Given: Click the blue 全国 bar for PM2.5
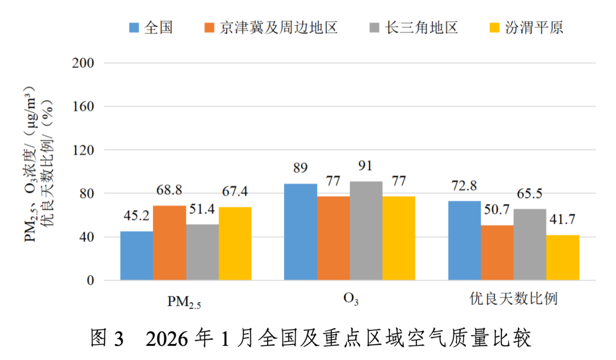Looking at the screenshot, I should tap(136, 256).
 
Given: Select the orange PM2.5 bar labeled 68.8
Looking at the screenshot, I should tap(169, 243).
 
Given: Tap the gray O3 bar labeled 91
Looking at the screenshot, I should tap(366, 231).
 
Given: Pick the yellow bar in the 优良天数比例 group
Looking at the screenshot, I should tap(562, 258).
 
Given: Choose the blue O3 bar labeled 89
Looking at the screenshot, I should tap(300, 232).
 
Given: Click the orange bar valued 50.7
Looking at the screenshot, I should tap(497, 253).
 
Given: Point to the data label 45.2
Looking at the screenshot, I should tap(137, 217).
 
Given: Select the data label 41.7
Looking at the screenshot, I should tap(562, 220).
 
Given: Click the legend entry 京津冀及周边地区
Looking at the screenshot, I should tap(278, 27).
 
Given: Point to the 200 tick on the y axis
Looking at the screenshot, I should tap(83, 63).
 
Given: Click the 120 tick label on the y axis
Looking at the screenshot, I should tap(83, 150).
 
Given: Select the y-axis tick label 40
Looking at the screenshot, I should tap(87, 237).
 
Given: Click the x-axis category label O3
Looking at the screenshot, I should tap(349, 300).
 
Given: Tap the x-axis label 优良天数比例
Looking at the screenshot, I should tap(513, 299).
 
